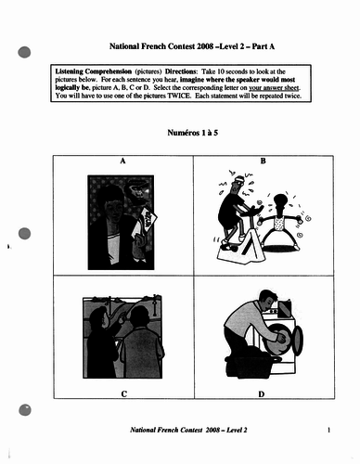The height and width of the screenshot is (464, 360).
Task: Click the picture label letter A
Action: (124, 161)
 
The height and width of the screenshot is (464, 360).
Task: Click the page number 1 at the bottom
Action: (328, 431)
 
